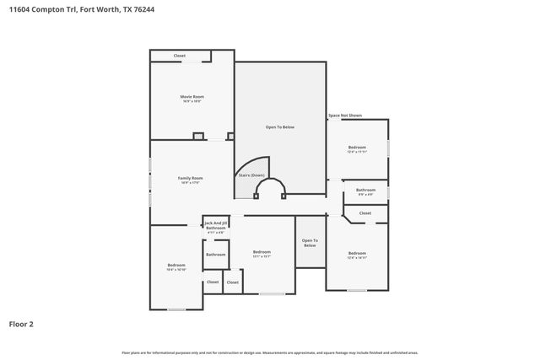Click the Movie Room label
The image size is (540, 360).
[x=192, y=97]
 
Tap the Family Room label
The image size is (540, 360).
[x=190, y=178]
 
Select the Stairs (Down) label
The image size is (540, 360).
[x=251, y=175]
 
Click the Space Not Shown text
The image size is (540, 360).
[x=345, y=116]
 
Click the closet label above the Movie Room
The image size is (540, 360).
[x=179, y=56]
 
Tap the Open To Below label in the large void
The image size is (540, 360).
[x=280, y=126]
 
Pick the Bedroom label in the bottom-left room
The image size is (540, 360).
[x=176, y=266]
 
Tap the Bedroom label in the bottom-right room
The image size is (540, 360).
[x=357, y=253]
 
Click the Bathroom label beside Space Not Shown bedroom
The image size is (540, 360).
[x=365, y=191]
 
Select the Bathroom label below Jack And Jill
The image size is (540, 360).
[x=216, y=254]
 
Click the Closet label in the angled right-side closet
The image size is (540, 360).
[x=364, y=213]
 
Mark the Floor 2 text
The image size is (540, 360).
[x=21, y=323]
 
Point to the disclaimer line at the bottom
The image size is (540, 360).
[x=269, y=352]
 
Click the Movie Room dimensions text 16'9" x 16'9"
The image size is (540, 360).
[x=192, y=101]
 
